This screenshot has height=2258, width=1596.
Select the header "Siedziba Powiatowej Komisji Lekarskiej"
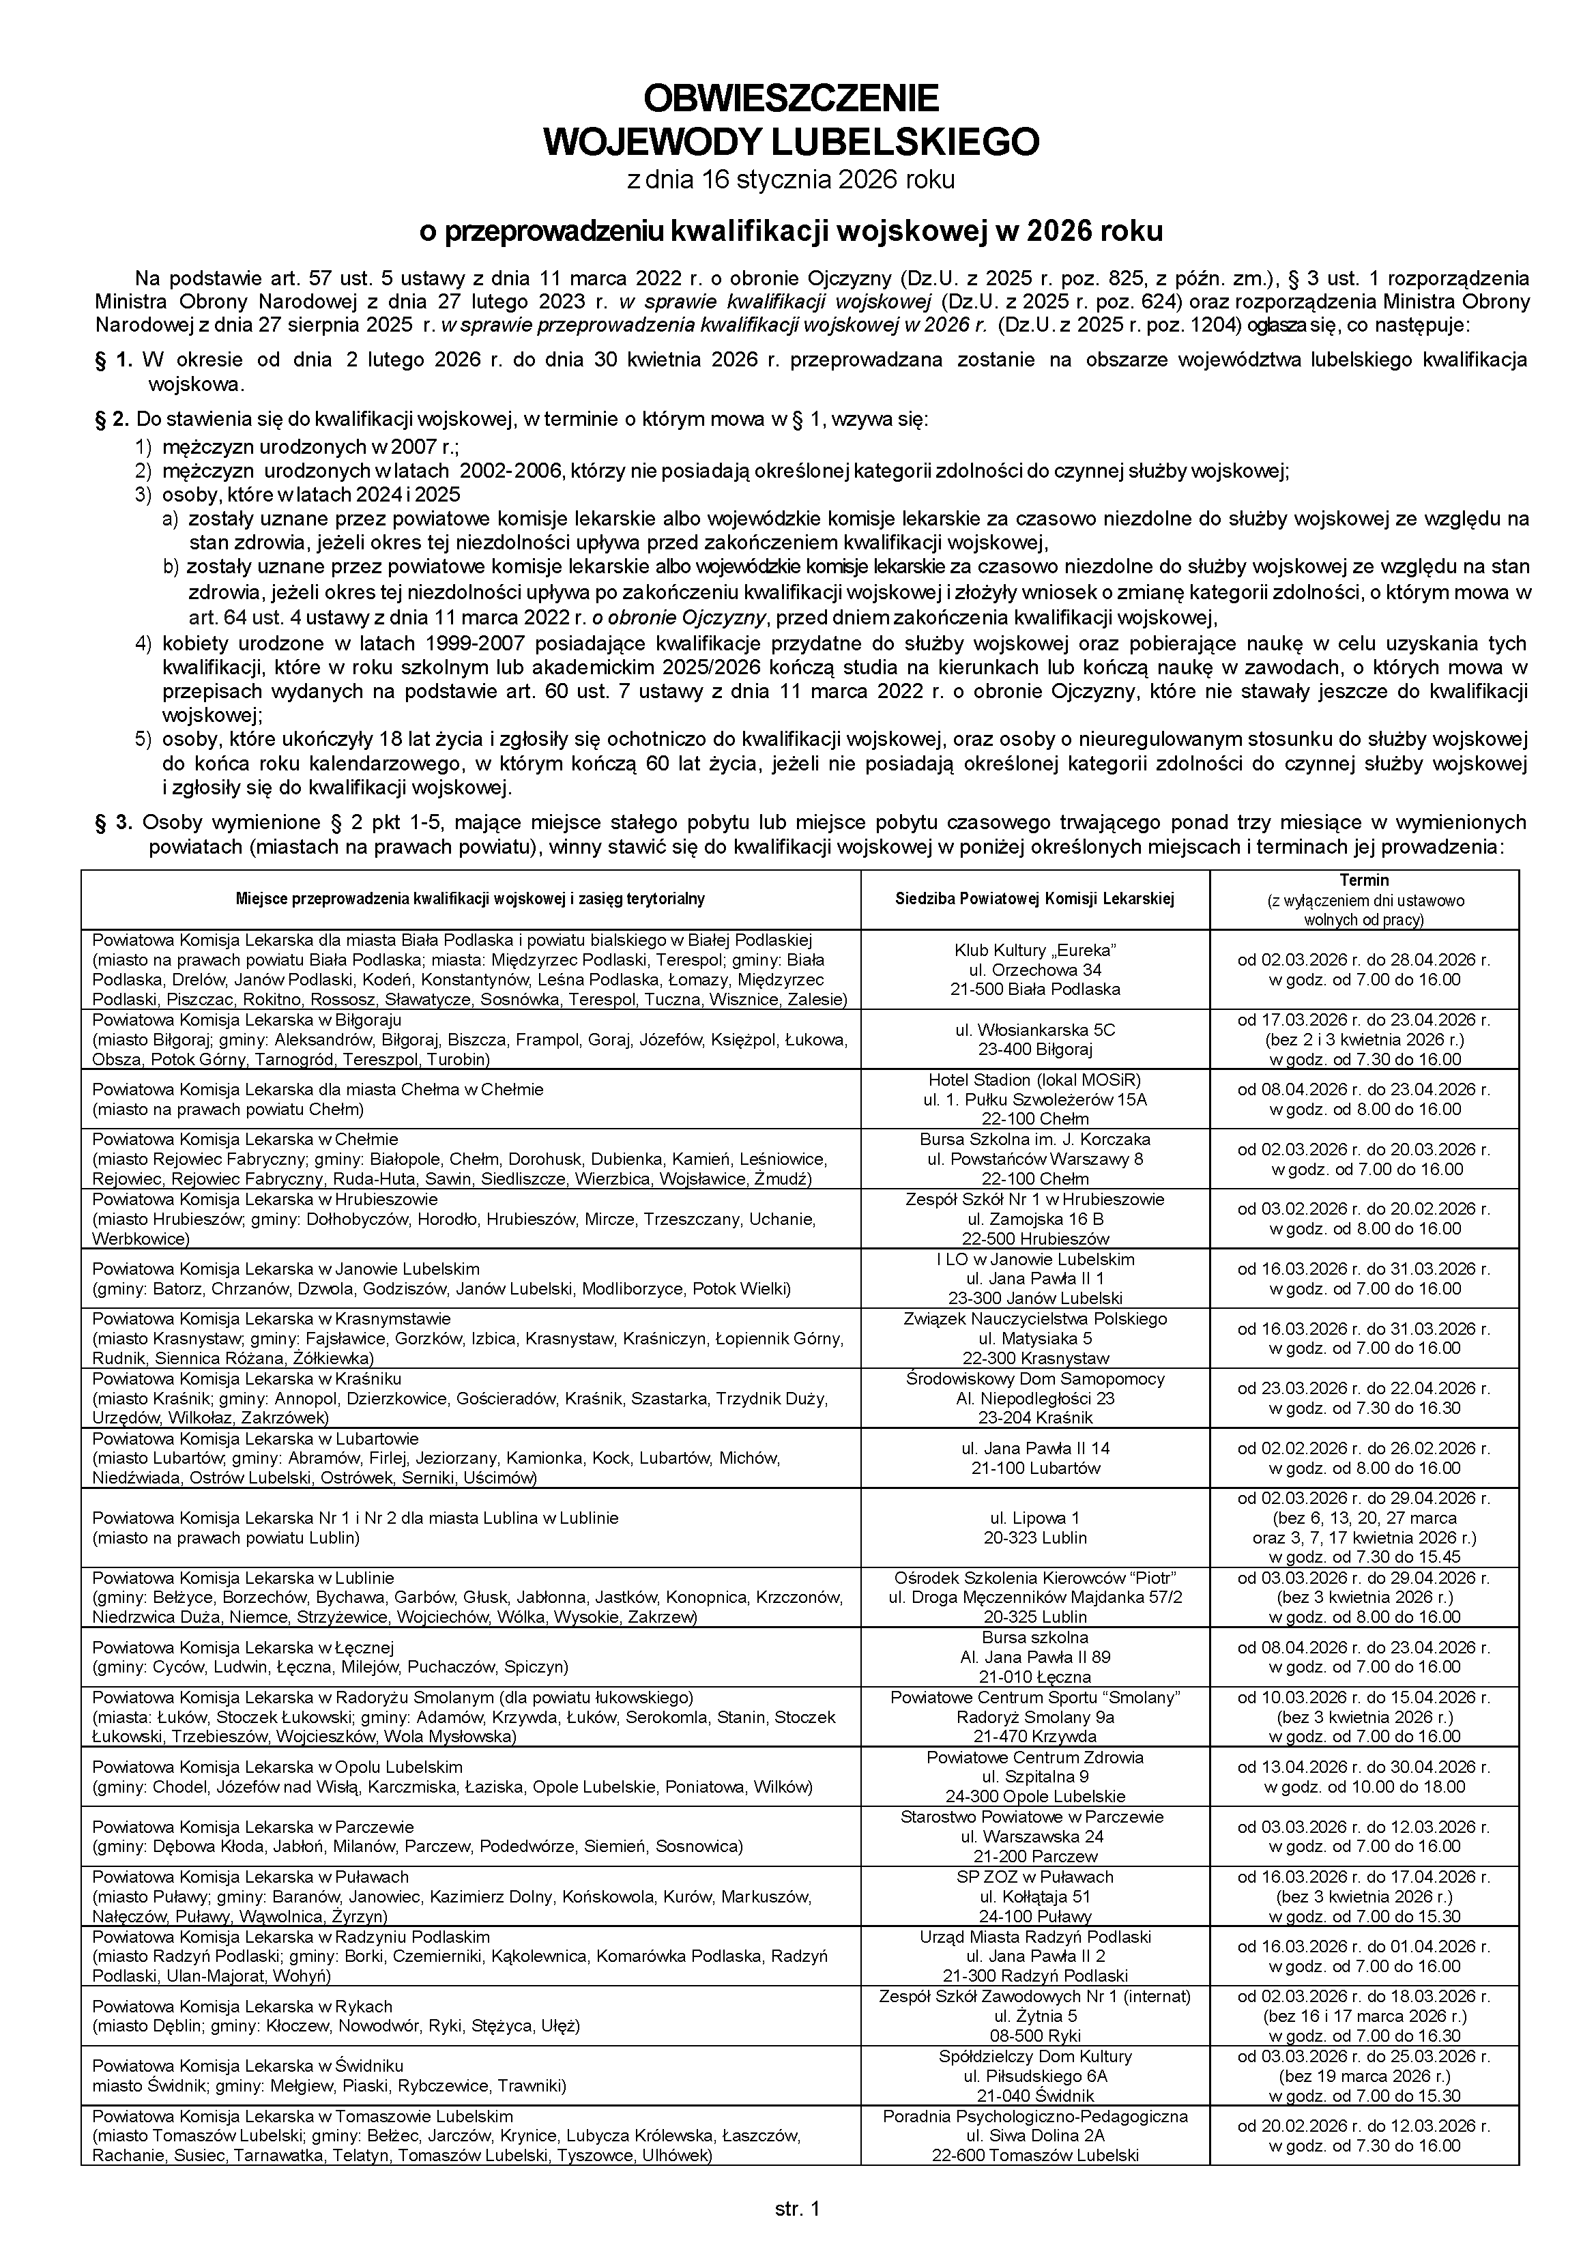(1036, 898)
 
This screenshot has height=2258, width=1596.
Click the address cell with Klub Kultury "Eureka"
(1036, 969)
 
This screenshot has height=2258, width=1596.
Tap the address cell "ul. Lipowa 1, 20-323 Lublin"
(1036, 1527)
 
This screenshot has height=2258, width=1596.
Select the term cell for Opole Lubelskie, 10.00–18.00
(1364, 1777)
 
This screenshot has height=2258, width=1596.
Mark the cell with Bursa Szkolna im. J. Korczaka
(1036, 1159)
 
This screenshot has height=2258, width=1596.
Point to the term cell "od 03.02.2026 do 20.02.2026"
(1364, 1219)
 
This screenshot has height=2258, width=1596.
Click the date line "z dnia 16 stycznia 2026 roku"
(791, 180)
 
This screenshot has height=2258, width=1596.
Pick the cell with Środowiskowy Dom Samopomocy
(1036, 1398)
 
